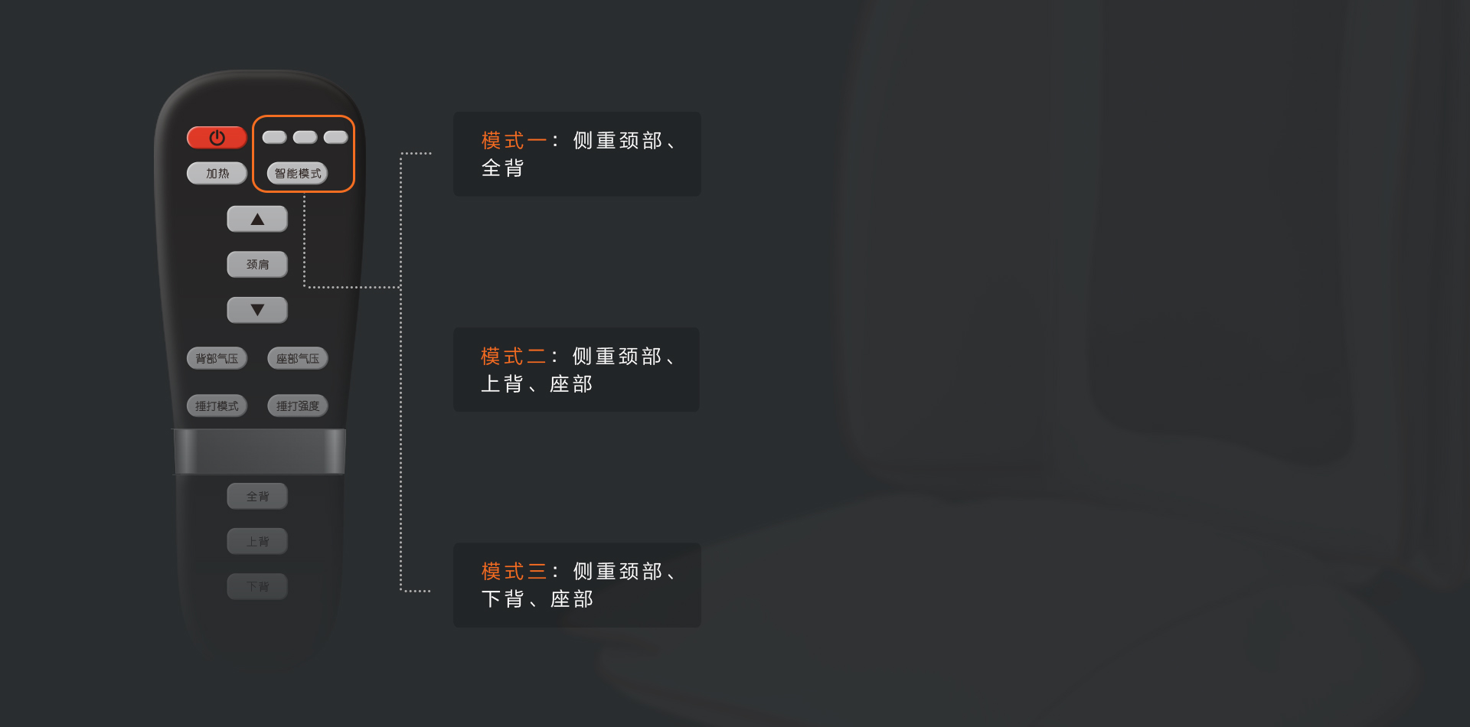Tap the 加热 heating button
click(x=217, y=174)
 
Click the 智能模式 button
click(x=298, y=174)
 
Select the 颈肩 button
click(x=257, y=265)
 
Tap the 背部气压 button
click(x=217, y=358)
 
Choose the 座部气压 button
click(x=298, y=358)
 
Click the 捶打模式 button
click(x=217, y=406)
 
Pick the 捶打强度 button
click(x=298, y=406)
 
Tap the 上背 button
click(x=257, y=542)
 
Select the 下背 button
click(x=257, y=587)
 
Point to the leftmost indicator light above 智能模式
click(x=274, y=138)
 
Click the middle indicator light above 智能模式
click(x=305, y=138)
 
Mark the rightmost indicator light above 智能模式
click(x=335, y=138)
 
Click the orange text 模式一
click(x=514, y=141)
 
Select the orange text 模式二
click(x=513, y=357)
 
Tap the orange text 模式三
click(x=514, y=572)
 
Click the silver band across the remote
click(x=260, y=452)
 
